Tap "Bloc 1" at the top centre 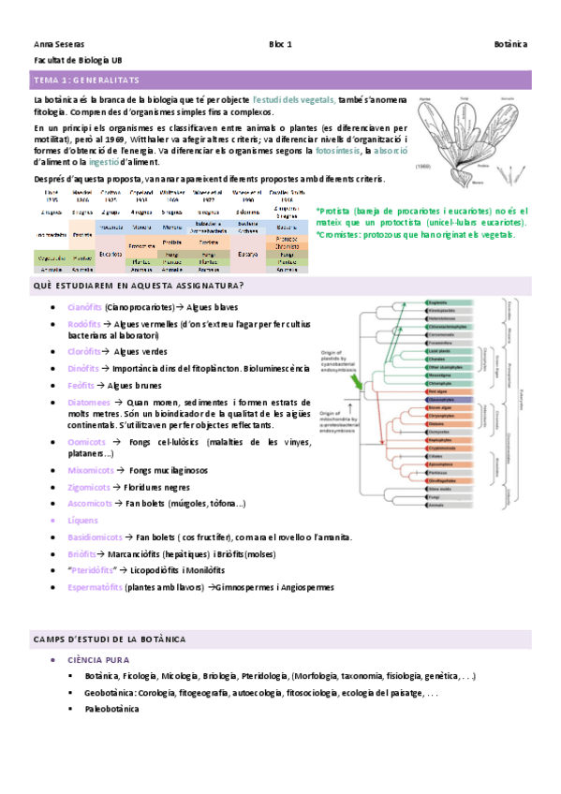pyautogui.click(x=281, y=44)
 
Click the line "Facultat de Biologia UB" pyautogui.click(x=70, y=60)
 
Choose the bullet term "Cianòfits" pyautogui.click(x=85, y=307)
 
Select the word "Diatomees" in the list pyautogui.click(x=90, y=403)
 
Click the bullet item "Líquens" pyautogui.click(x=84, y=520)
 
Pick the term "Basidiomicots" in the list pyautogui.click(x=95, y=537)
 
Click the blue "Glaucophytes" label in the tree pyautogui.click(x=443, y=399)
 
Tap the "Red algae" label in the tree pyautogui.click(x=437, y=390)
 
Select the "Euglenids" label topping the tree pyautogui.click(x=437, y=302)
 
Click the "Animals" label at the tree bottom pyautogui.click(x=436, y=505)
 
